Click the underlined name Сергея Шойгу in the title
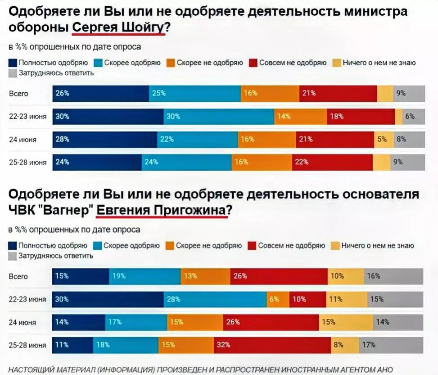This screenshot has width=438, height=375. tap(118, 28)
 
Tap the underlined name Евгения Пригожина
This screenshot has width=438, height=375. tap(163, 210)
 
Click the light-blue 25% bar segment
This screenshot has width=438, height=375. tap(194, 94)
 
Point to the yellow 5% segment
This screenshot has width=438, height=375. tap(384, 140)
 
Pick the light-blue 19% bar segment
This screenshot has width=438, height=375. tap(144, 276)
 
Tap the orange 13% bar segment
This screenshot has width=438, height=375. tap(205, 276)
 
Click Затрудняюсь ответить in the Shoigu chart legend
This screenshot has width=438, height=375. tap(56, 73)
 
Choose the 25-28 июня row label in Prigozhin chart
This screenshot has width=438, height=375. tap(27, 345)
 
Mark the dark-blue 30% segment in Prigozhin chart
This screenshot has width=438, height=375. tap(108, 299)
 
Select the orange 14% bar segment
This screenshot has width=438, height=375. tap(300, 116)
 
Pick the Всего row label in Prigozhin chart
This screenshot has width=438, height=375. tap(18, 276)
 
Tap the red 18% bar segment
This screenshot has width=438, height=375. tap(361, 116)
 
